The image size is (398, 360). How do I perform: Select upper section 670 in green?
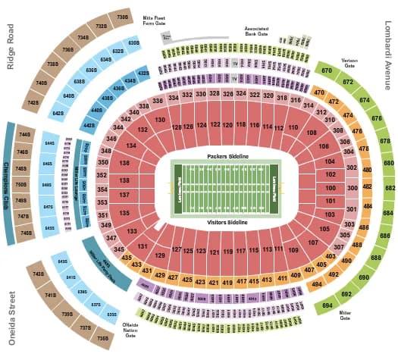(326, 71)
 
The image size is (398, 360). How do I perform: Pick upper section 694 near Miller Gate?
(327, 304)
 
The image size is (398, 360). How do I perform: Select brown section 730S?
(122, 16)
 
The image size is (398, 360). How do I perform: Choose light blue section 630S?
(133, 42)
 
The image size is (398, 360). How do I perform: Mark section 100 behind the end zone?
(331, 186)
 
